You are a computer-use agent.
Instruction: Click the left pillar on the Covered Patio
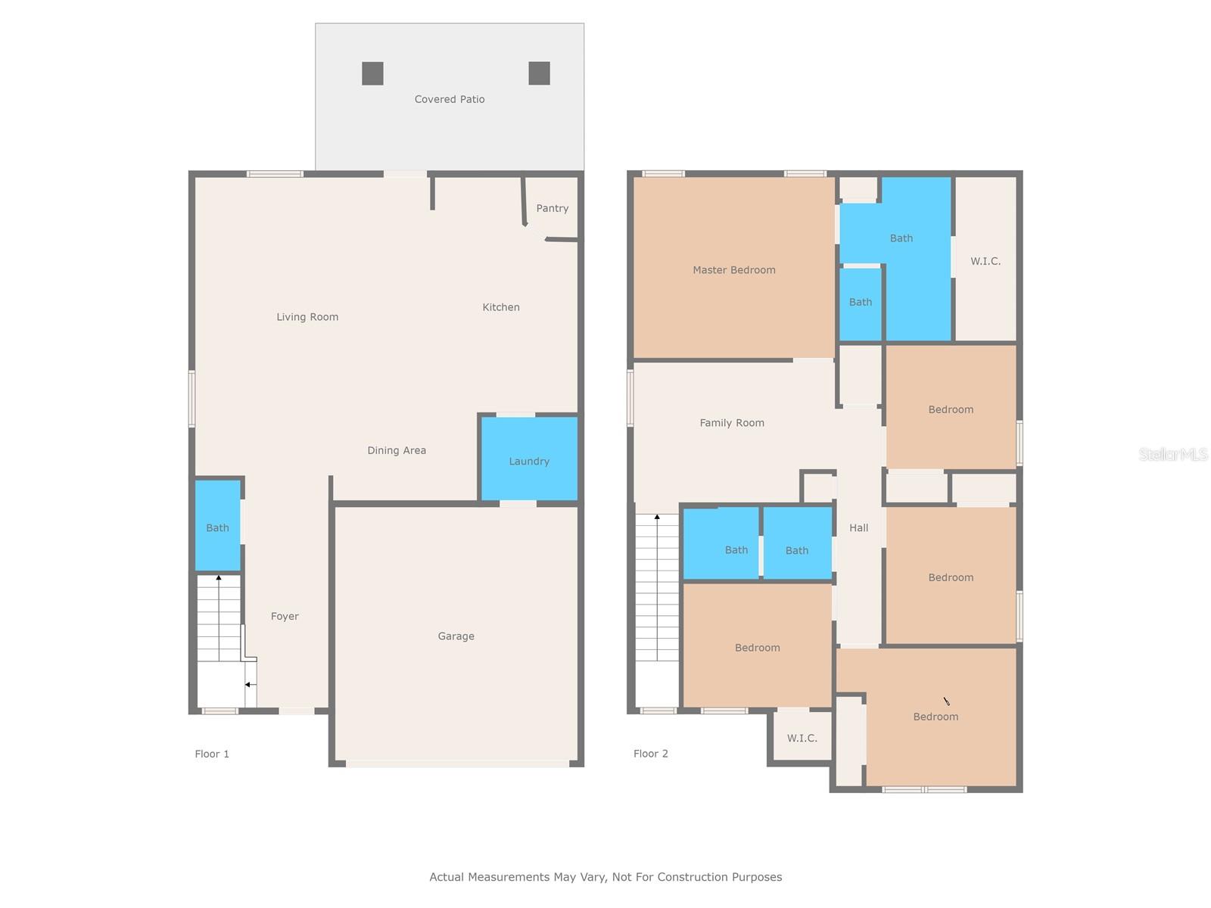pos(372,73)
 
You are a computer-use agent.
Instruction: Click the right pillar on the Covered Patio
pos(539,73)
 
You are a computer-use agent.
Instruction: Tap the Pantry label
pos(552,208)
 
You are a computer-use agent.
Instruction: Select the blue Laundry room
pos(529,460)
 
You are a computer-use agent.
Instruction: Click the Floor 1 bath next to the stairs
pos(218,527)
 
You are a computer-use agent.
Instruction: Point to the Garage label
pos(456,636)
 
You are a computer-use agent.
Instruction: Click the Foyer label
pos(285,617)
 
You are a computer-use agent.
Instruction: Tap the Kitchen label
pos(501,307)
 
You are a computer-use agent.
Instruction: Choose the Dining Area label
pos(397,450)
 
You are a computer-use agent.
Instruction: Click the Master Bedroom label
pos(733,270)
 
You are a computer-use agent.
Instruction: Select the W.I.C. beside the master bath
pos(985,261)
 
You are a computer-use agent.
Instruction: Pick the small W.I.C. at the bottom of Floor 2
pos(802,738)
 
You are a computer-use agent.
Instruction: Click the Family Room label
pos(731,423)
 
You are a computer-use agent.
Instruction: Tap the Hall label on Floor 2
pos(858,528)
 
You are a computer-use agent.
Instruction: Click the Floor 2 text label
pos(651,754)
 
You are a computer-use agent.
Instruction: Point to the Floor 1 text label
pos(212,754)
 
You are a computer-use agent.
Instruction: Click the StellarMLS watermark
pos(1172,454)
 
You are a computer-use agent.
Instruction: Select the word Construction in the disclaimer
pos(691,877)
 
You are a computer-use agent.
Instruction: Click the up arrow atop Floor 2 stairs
pos(657,518)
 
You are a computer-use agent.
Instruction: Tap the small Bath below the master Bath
pos(861,303)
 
